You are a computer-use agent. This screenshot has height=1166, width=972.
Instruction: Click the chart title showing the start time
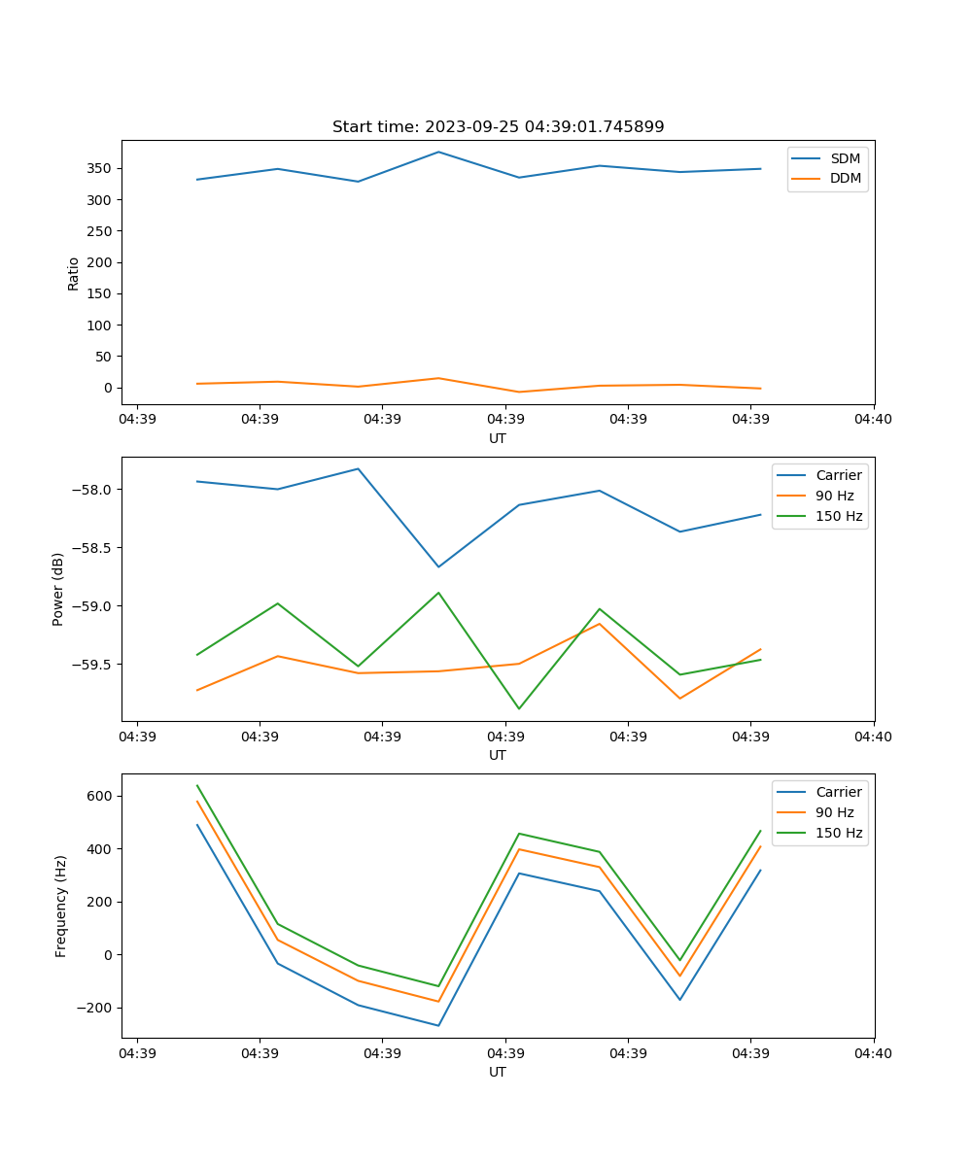pos(498,127)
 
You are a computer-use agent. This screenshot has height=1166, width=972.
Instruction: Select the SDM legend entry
pos(845,158)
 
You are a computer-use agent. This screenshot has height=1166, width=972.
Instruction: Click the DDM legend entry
pos(845,179)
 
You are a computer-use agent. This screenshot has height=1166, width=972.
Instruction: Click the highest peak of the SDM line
pos(438,152)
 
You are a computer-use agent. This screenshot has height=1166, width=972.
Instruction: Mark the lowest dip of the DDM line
pos(519,393)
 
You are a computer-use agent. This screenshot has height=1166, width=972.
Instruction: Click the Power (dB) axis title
pos(58,589)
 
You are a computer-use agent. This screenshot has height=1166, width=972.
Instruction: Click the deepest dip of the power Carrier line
pos(438,566)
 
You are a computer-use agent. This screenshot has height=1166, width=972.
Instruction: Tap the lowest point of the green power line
pos(519,708)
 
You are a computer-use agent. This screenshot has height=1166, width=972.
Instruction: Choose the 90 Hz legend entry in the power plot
pos(835,496)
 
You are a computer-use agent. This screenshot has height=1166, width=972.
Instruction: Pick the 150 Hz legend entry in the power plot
pos(839,516)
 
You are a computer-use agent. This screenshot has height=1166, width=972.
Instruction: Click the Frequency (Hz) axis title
pos(61,906)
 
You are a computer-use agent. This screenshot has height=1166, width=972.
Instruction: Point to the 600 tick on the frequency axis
pos(101,796)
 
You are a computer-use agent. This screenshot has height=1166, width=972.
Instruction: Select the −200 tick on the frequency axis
pos(94,1008)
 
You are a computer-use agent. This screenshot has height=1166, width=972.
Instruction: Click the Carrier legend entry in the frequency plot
pos(838,792)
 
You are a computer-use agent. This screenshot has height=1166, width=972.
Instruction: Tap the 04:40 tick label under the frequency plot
pos(873,1053)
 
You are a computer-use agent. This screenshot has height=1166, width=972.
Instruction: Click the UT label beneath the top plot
pos(498,438)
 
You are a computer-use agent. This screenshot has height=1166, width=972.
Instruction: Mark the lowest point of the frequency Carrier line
pos(438,1025)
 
